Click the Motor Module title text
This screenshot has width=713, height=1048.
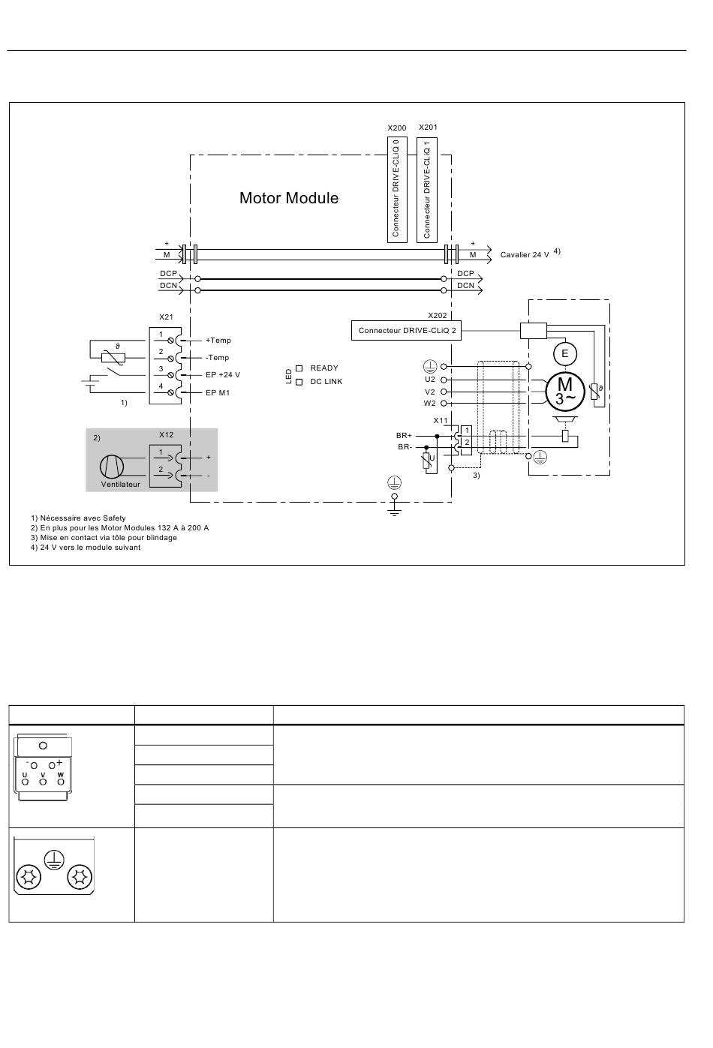[289, 198]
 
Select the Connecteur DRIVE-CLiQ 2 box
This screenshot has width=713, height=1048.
[406, 330]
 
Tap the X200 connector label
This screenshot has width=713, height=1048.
[396, 128]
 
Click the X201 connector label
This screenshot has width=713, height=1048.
[428, 127]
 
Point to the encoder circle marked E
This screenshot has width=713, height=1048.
[564, 353]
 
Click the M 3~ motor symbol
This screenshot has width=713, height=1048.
[565, 391]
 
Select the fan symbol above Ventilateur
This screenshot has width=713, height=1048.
[112, 467]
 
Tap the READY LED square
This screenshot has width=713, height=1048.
[299, 368]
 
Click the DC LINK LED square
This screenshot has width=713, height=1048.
[299, 382]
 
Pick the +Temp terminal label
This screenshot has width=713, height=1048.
[218, 340]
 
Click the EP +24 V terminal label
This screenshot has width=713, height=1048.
[223, 375]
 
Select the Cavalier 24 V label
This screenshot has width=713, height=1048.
[525, 255]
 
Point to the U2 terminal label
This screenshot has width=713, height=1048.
[430, 380]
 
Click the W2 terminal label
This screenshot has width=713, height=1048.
[430, 404]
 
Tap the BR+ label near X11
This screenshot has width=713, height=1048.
[404, 436]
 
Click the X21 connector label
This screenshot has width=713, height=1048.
[166, 317]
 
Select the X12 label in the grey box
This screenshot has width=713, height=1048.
[166, 434]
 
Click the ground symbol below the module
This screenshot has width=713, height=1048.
[395, 512]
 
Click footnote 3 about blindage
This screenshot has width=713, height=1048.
[104, 538]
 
